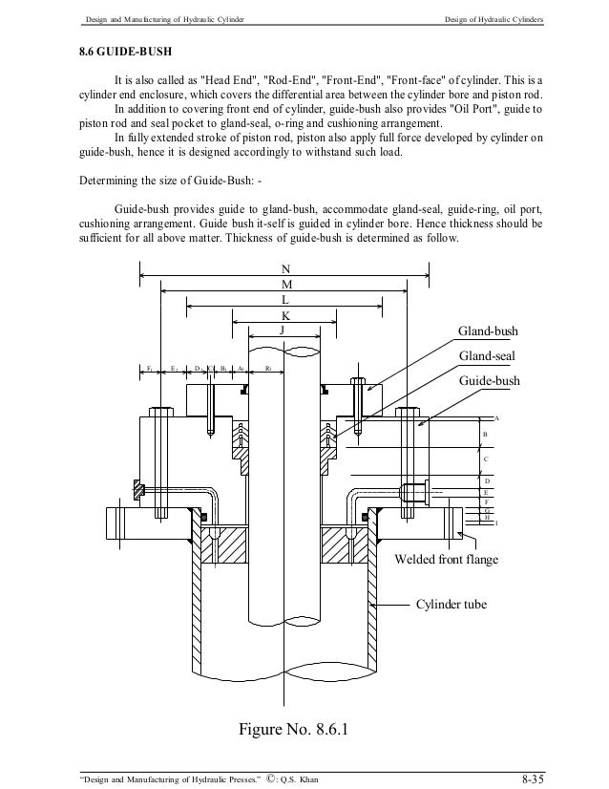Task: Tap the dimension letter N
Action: pyautogui.click(x=286, y=269)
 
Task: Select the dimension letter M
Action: pyautogui.click(x=286, y=285)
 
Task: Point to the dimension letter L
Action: pyautogui.click(x=285, y=300)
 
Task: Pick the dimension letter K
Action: pyautogui.click(x=285, y=315)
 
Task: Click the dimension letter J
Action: pyautogui.click(x=282, y=331)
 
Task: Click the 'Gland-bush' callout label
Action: pyautogui.click(x=489, y=331)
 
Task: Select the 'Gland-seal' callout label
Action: pyautogui.click(x=489, y=355)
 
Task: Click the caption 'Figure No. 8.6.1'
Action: pyautogui.click(x=293, y=732)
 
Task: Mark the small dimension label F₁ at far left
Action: pyautogui.click(x=150, y=367)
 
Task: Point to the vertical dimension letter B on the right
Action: pyautogui.click(x=485, y=435)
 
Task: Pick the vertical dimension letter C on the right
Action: pyautogui.click(x=485, y=459)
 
